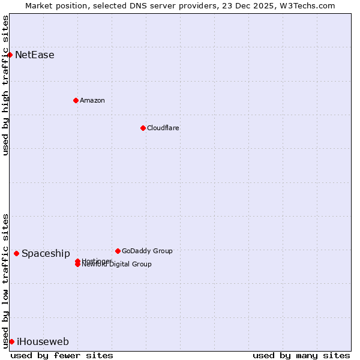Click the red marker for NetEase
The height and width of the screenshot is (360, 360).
(10, 55)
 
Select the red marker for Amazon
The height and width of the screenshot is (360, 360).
(76, 100)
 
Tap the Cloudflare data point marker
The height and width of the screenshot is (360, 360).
(143, 128)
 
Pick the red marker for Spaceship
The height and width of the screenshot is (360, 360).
(16, 253)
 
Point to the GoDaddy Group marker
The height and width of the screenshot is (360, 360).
(118, 251)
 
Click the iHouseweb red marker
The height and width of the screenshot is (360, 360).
(11, 341)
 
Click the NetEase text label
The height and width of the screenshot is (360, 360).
(35, 55)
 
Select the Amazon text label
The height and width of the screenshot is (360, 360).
(92, 100)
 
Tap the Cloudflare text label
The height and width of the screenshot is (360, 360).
(163, 128)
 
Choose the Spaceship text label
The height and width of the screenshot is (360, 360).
(46, 254)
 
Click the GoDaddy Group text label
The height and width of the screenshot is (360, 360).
(147, 251)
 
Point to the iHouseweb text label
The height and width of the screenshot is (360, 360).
(43, 342)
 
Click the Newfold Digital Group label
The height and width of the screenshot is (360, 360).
(117, 265)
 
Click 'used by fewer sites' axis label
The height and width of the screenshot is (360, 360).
(62, 355)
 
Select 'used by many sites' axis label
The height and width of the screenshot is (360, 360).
(301, 355)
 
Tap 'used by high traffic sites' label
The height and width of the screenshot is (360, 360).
(5, 85)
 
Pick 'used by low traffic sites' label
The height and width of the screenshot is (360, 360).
(5, 281)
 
